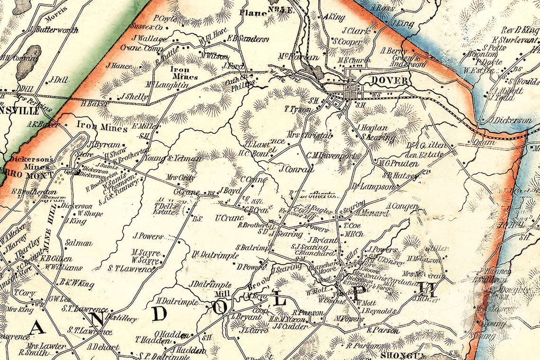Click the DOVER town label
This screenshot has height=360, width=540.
[x=389, y=80]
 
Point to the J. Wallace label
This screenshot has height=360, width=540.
[x=147, y=38]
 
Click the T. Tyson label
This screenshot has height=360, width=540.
[x=297, y=109]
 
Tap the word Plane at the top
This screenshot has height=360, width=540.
[x=253, y=13]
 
